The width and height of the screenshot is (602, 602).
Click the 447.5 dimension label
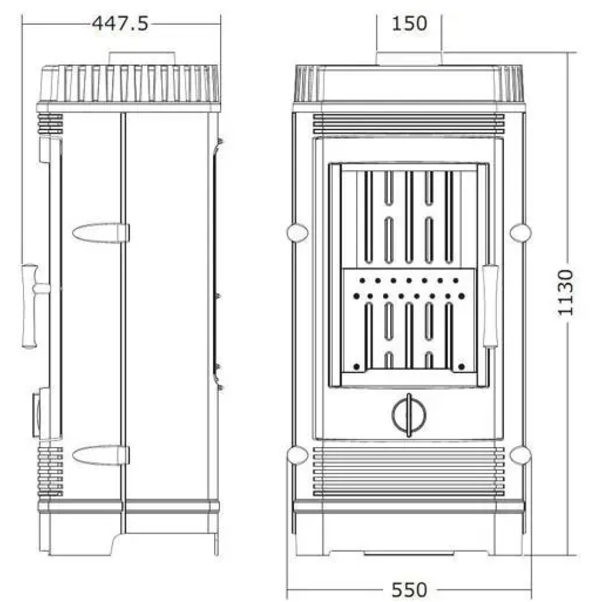(x=120, y=24)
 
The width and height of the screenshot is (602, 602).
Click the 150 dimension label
(x=409, y=24)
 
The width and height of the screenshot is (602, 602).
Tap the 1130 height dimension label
(x=565, y=293)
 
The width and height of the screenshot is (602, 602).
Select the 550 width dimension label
(x=409, y=589)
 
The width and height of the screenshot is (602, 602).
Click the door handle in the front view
(x=490, y=306)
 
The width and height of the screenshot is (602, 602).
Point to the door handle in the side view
(x=34, y=305)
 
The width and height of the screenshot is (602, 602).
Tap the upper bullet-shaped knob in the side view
(x=101, y=233)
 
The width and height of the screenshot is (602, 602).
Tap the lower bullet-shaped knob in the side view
(x=101, y=455)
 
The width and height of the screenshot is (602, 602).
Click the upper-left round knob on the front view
(x=298, y=232)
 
